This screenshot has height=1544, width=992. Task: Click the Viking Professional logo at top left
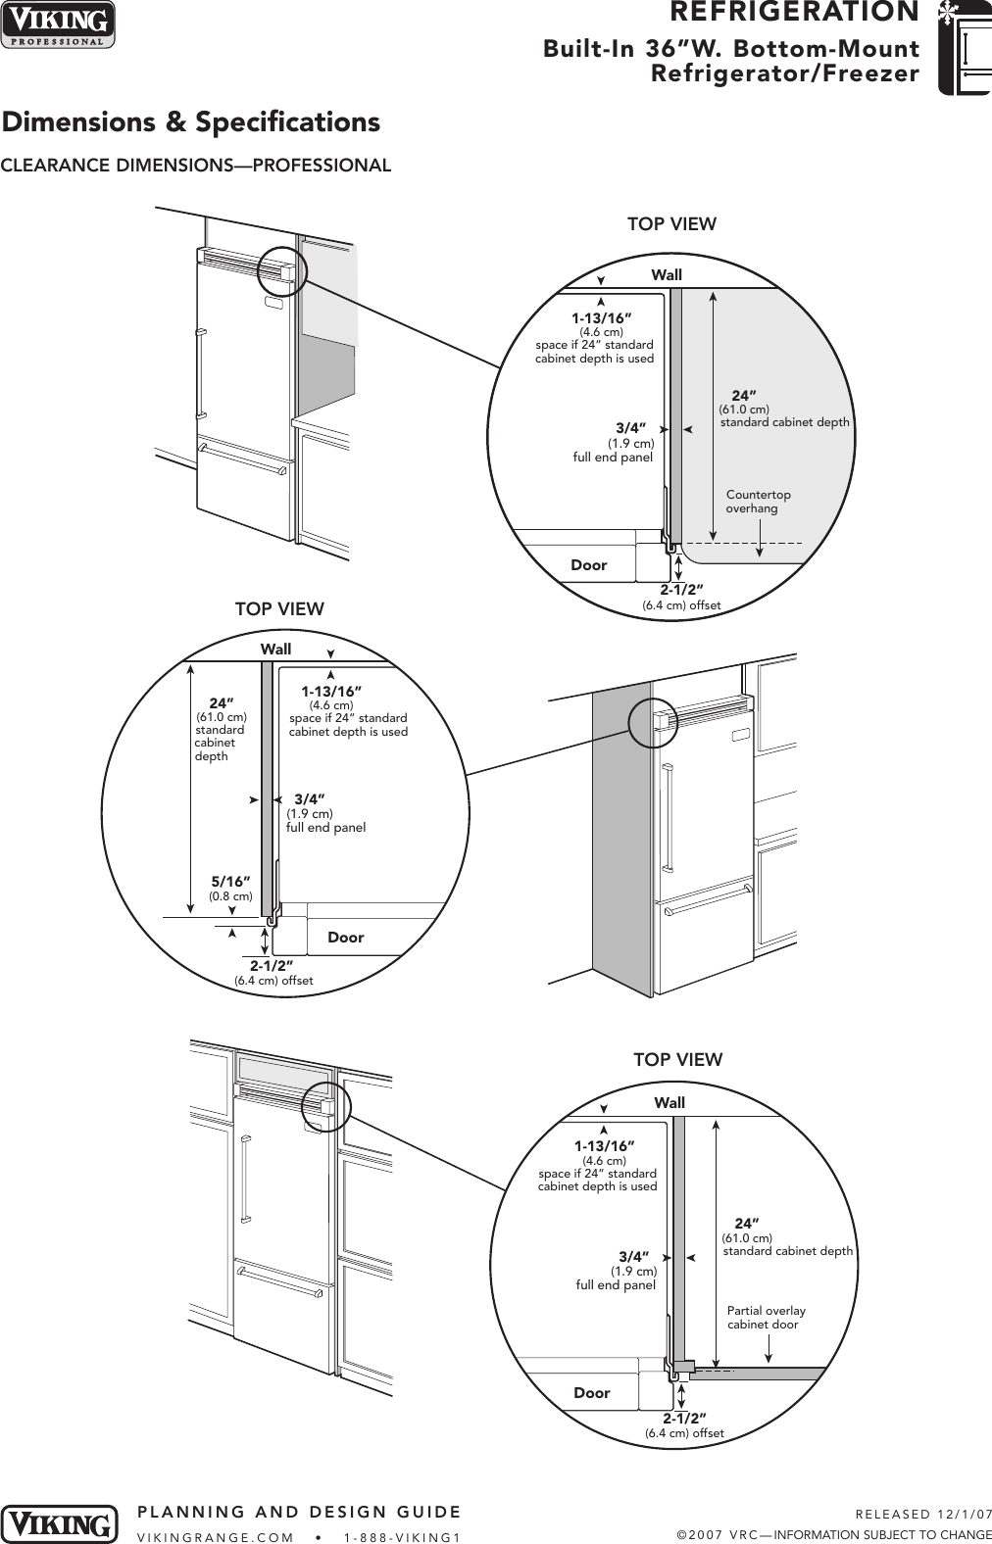pyautogui.click(x=58, y=24)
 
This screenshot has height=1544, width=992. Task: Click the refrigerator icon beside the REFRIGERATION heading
pyautogui.click(x=964, y=48)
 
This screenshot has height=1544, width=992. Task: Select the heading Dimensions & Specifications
pyautogui.click(x=190, y=122)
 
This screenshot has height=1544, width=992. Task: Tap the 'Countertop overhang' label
pyautogui.click(x=758, y=502)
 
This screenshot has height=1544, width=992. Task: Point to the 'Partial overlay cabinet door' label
pyautogui.click(x=766, y=1318)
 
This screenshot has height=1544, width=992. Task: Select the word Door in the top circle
pyautogui.click(x=588, y=565)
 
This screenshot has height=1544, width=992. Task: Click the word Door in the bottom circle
pyautogui.click(x=591, y=1393)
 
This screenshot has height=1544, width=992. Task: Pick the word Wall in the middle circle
pyautogui.click(x=275, y=650)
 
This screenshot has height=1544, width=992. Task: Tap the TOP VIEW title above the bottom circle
pyautogui.click(x=677, y=1060)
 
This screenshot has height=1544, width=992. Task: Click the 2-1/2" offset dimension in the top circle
pyautogui.click(x=681, y=590)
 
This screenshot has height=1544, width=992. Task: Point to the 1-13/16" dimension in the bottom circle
pyautogui.click(x=604, y=1146)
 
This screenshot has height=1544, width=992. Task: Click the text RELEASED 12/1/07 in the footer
pyautogui.click(x=922, y=1515)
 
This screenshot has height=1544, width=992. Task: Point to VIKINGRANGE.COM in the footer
pyautogui.click(x=216, y=1537)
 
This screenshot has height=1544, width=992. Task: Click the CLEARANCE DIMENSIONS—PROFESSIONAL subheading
pyautogui.click(x=196, y=166)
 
